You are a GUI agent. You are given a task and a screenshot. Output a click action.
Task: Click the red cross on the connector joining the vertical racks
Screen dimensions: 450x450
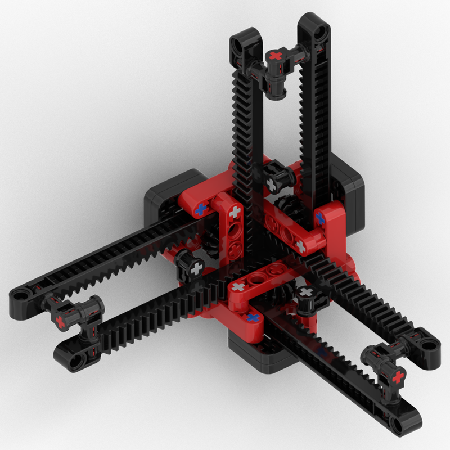click(x=275, y=56)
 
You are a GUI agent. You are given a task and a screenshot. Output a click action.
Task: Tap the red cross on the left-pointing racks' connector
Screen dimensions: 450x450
click(x=60, y=321)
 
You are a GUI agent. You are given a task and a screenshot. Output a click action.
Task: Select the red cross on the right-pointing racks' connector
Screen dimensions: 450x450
click(x=399, y=376)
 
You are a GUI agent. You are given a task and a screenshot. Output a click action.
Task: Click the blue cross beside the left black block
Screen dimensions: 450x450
click(x=200, y=210)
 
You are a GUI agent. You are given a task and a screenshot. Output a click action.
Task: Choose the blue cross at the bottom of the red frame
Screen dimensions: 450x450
click(x=254, y=317)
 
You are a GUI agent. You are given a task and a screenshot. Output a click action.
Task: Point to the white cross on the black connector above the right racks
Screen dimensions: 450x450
click(x=307, y=292)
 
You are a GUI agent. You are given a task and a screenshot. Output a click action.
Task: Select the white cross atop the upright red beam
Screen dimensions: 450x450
click(x=234, y=212)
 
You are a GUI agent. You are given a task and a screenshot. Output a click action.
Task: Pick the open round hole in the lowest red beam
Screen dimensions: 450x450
click(x=259, y=277)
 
